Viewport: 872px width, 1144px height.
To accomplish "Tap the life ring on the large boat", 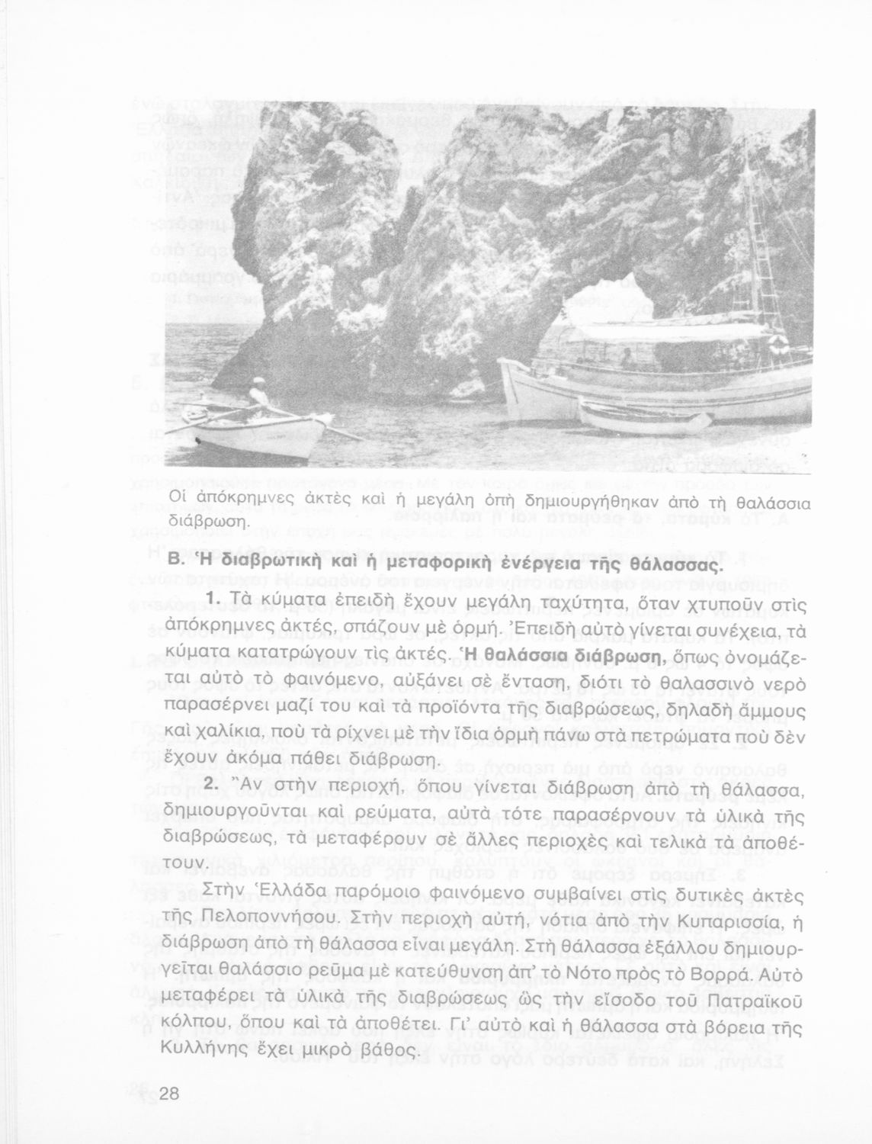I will point(779,345).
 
